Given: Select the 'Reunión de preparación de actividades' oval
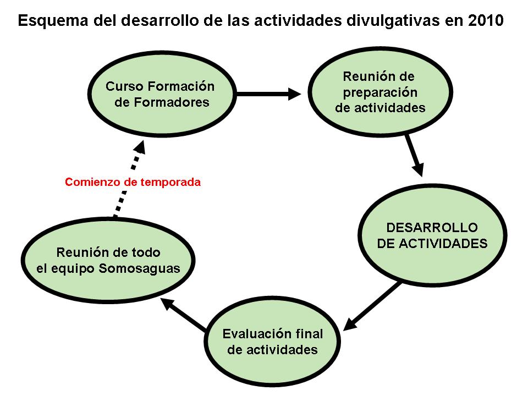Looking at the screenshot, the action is coord(380,91).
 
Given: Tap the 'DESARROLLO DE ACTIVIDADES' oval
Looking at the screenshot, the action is coord(432,235).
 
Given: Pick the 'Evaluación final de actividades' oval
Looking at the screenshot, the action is coord(272,342).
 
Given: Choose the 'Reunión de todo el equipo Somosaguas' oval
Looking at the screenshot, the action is coord(108,260).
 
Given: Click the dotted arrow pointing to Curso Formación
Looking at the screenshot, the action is coord(128,179).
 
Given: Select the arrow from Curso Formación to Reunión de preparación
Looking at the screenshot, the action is coord(269,94).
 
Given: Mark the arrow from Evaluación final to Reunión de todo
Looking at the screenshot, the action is coord(184,315).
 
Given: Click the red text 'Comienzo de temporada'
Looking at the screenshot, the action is coord(133,182).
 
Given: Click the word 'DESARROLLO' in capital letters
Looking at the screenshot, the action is coord(432,228).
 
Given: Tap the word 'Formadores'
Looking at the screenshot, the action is coord(171,102).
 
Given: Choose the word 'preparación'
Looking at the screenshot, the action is coord(380,92).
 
